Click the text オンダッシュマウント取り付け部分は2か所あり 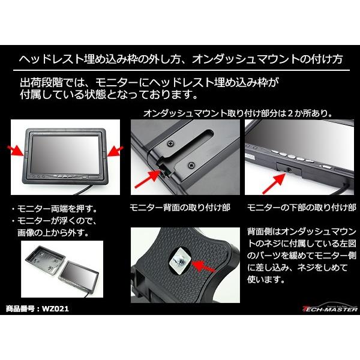tap(237, 112)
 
